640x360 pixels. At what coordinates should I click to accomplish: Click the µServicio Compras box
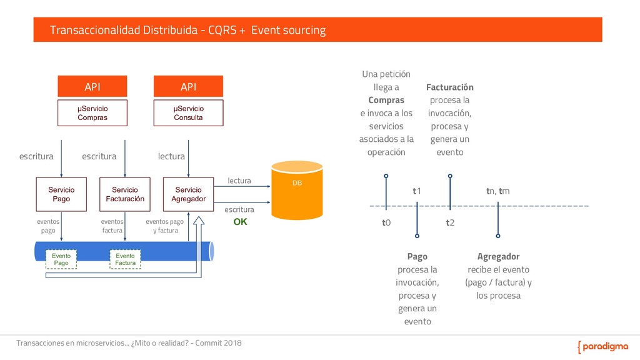click(x=92, y=113)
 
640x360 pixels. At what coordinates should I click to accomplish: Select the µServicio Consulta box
click(x=188, y=113)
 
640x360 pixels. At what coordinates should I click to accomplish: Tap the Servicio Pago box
click(x=61, y=194)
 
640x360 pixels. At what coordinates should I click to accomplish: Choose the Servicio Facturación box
click(x=125, y=194)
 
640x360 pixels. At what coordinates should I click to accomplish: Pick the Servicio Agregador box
click(x=188, y=194)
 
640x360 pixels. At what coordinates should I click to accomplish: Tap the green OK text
click(x=240, y=222)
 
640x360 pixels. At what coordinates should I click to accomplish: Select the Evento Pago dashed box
click(x=61, y=259)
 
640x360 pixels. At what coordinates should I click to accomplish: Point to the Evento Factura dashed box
click(x=125, y=259)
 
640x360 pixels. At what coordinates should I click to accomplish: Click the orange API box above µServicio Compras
click(x=92, y=86)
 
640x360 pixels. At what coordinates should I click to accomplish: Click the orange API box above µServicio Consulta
click(x=188, y=86)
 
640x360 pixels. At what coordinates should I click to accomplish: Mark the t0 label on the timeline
click(x=386, y=222)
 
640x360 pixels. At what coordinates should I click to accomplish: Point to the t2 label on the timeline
click(x=450, y=222)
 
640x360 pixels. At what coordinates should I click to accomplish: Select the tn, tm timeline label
click(x=498, y=191)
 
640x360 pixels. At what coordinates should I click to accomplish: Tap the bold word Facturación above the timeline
click(x=450, y=87)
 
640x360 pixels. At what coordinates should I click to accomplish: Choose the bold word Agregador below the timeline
click(x=498, y=256)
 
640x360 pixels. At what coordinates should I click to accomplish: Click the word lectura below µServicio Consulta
click(x=171, y=156)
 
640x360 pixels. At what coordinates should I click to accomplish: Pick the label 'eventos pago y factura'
click(x=165, y=226)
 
